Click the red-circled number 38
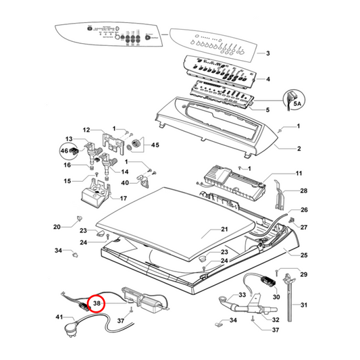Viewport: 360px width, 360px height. click(x=98, y=304)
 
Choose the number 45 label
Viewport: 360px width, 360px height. click(x=155, y=145)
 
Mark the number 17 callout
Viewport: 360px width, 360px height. click(x=123, y=198)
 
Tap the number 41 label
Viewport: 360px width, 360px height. click(x=59, y=317)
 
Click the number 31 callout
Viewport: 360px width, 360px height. click(x=303, y=306)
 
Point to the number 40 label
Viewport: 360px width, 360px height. click(x=125, y=182)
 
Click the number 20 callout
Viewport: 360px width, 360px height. click(x=57, y=226)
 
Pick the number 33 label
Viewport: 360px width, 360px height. click(x=242, y=295)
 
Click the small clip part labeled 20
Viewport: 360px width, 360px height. click(x=80, y=219)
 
